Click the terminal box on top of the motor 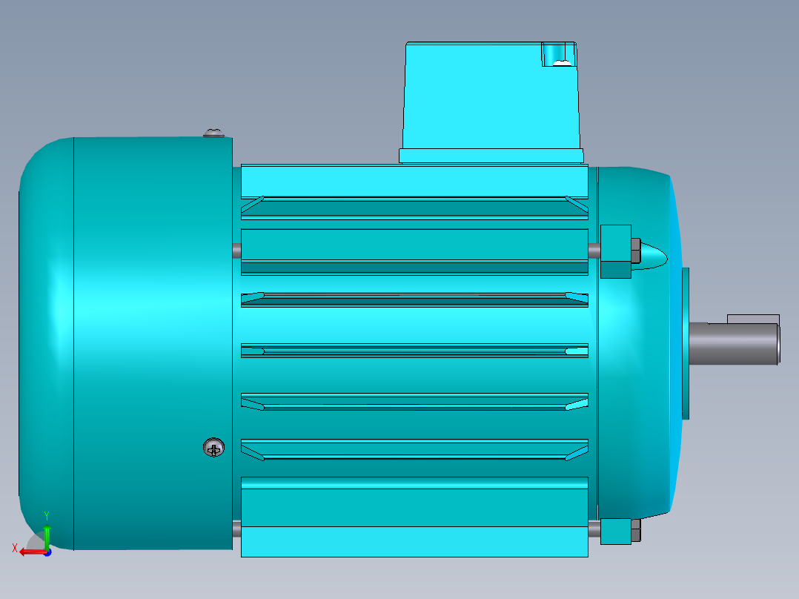click(489, 96)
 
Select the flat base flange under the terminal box click(491, 156)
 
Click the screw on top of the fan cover click(213, 133)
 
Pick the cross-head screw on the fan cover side click(213, 448)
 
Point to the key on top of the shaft click(752, 319)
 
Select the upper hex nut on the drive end click(634, 251)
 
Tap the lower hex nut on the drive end click(635, 531)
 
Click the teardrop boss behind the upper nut click(653, 256)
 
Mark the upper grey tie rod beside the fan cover click(236, 251)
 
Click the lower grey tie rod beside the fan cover click(236, 529)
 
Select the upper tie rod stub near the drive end click(594, 251)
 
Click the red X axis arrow click(30, 552)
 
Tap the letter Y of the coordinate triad click(47, 514)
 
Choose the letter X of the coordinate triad click(15, 548)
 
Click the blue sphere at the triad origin click(47, 552)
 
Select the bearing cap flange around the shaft click(686, 343)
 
